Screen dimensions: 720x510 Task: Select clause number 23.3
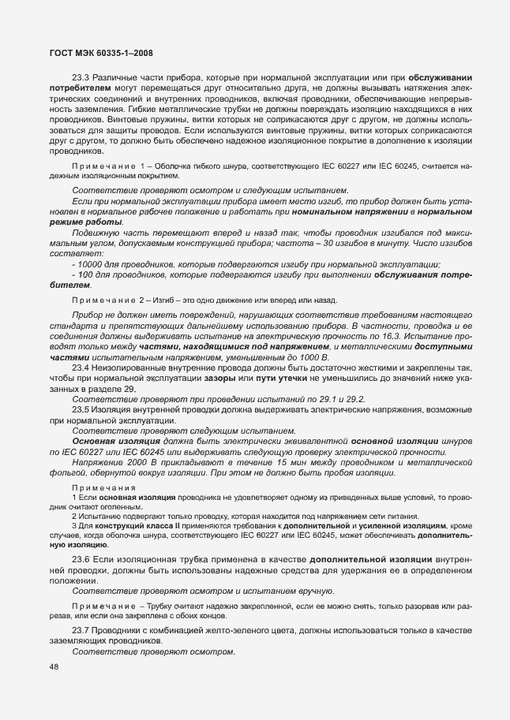[x=81, y=77]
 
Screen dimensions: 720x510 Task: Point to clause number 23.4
[x=81, y=367]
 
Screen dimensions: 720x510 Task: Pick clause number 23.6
[x=81, y=559]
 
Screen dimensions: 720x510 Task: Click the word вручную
[x=312, y=591]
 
